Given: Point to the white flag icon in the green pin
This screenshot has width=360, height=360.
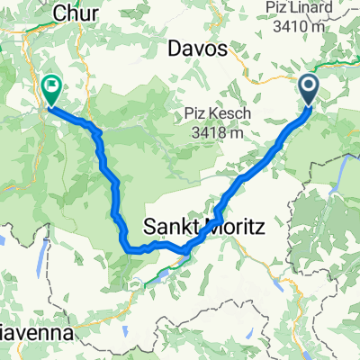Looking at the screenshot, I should (x=51, y=87).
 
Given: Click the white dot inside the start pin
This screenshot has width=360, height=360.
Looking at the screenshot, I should (x=310, y=86).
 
